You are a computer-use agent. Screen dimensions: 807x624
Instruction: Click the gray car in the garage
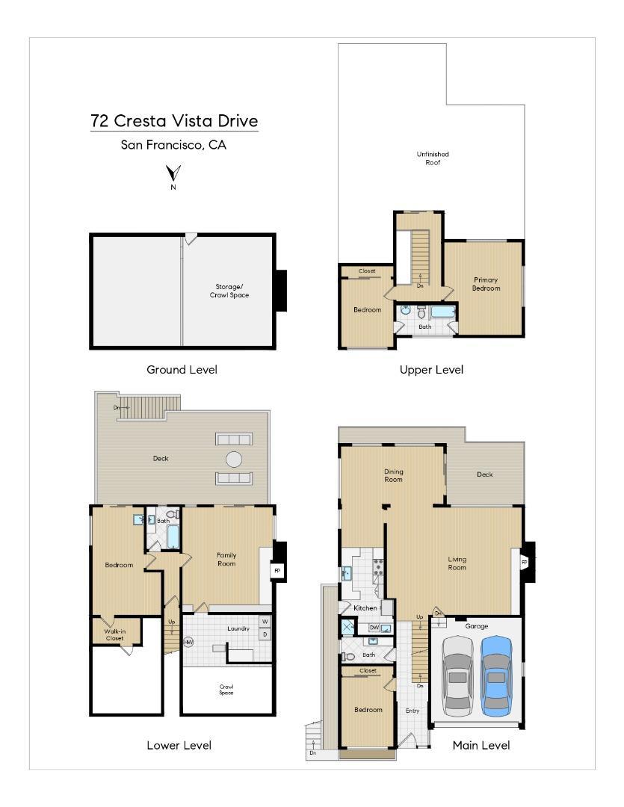pos(457,675)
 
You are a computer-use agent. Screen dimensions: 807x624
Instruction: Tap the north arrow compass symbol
pos(173,174)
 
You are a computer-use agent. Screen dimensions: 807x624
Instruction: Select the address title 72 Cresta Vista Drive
pos(174,120)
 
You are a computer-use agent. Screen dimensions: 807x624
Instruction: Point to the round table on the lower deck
pos(234,459)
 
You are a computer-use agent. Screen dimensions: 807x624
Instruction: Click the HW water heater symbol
pos(188,642)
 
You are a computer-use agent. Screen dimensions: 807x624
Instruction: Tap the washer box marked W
pos(265,622)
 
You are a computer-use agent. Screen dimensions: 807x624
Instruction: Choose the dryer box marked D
pos(265,634)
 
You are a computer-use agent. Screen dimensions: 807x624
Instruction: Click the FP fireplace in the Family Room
pos(277,570)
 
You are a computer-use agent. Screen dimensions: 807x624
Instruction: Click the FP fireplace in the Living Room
pos(524,562)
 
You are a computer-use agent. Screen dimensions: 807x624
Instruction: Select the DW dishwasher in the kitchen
pos(374,627)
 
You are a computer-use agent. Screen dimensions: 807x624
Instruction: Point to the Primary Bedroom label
pos(486,284)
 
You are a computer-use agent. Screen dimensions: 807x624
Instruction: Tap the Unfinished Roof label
pos(433,158)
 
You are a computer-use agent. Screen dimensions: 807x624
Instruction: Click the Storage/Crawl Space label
pos(229,291)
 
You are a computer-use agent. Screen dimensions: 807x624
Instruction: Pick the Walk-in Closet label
pos(114,634)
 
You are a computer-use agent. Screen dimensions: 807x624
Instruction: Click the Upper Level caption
pos(431,370)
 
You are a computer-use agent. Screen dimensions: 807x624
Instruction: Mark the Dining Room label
pos(393,475)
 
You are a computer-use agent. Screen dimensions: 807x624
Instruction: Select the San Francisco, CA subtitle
pos(173,145)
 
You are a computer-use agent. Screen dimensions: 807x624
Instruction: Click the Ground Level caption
pos(182,370)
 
